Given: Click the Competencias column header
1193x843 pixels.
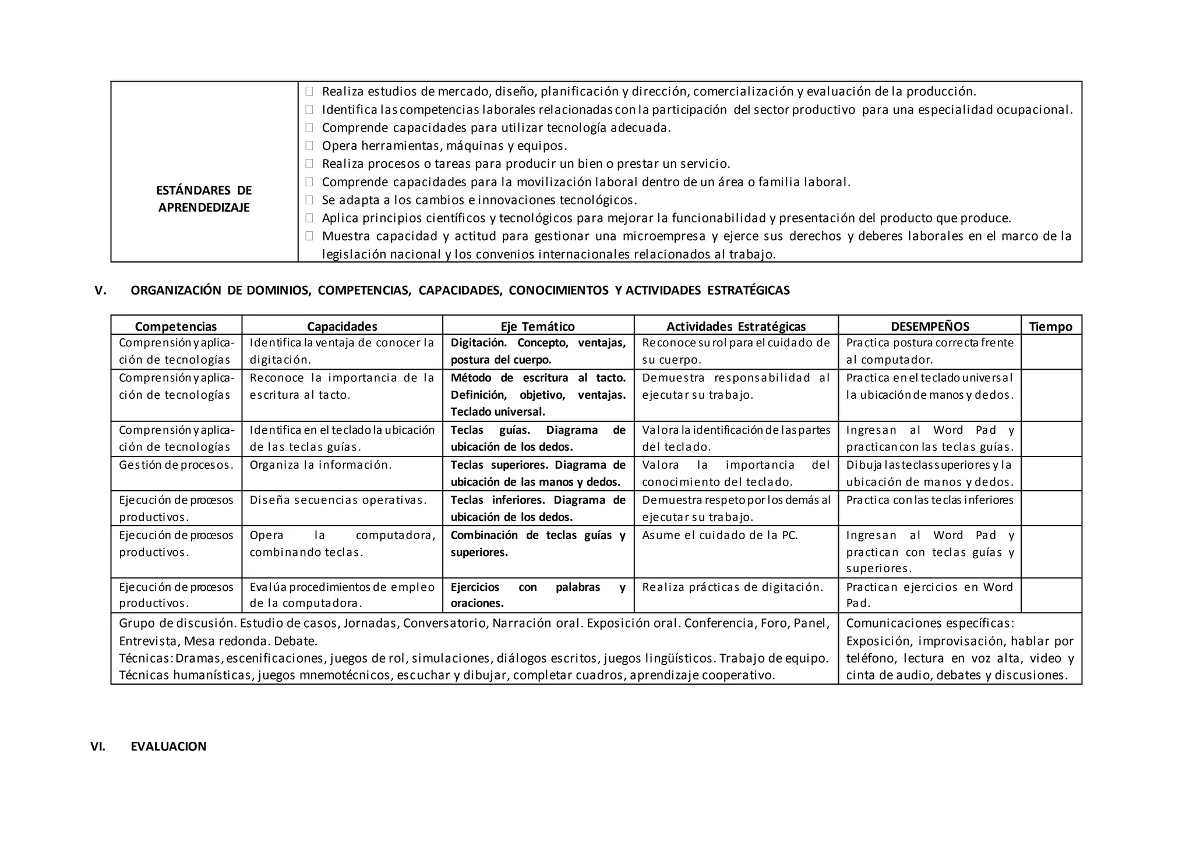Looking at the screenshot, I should point(176,327).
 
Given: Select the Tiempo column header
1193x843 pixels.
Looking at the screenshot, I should point(1050,327).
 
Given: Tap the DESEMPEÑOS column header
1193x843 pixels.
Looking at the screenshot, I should point(930,327).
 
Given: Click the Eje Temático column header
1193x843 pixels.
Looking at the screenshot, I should point(538,327).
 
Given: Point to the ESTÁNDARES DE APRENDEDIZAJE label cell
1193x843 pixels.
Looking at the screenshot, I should point(204,199).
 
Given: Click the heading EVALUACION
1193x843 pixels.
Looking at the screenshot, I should point(168,746).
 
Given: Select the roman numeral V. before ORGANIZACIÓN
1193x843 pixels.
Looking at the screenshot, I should point(100,291).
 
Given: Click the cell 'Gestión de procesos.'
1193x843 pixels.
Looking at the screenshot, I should point(176,465).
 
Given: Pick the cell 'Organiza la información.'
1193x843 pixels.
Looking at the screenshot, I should point(320,465).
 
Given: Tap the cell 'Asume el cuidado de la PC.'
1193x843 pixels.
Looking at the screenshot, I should point(719,536).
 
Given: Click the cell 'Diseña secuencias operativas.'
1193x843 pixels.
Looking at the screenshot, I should point(338,500).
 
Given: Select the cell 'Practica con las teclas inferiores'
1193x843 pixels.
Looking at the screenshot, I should point(930,500).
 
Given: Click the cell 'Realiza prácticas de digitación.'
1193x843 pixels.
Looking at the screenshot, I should point(732,587).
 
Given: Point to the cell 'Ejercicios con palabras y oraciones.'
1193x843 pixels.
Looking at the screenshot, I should point(538,595).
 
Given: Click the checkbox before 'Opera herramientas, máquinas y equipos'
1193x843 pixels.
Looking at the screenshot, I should point(309,146).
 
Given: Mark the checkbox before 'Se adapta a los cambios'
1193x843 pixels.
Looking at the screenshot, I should point(309,200).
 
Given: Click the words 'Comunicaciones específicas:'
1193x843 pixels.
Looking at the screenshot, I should point(930,624).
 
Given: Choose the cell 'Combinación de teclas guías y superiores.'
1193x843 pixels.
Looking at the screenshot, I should point(538,544).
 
